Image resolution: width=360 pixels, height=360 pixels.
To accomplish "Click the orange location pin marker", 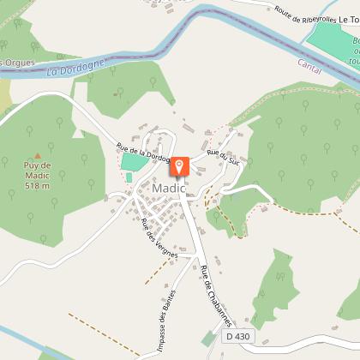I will pos(180,167).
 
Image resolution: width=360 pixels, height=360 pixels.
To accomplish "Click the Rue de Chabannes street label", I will pos(216,295).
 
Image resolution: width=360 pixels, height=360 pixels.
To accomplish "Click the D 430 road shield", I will pos(239,337).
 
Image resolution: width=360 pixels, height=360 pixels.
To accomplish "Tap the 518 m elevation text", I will pos(37,185).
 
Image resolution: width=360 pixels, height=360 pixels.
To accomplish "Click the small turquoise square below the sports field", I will pos(129,177).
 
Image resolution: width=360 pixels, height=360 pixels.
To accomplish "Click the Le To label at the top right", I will pos(348,18).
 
